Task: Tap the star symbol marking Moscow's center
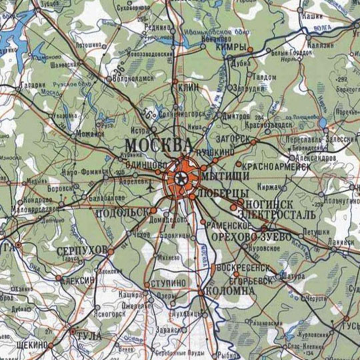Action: (x=179, y=177)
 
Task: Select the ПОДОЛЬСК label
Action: (x=122, y=213)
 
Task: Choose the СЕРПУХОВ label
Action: (x=82, y=249)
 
